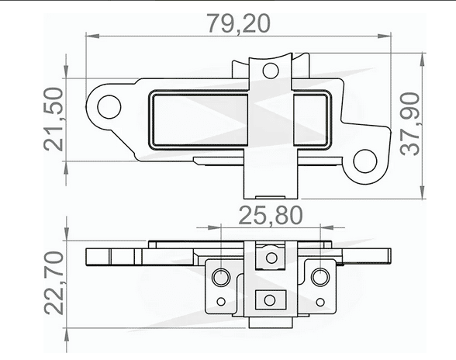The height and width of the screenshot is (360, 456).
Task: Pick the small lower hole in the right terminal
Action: pos(317,301)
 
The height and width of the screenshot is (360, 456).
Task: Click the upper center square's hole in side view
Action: pos(270,255)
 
